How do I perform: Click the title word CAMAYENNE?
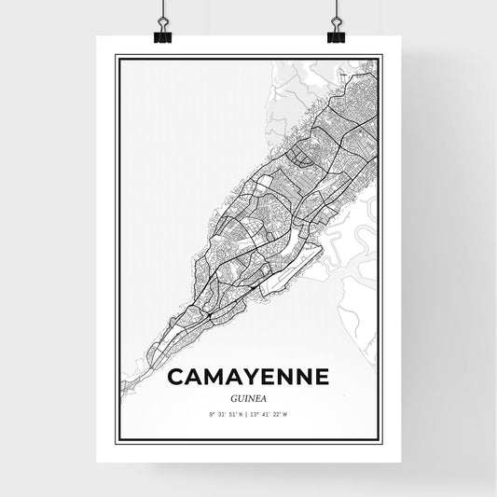(248, 377)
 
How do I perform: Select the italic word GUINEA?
(248, 395)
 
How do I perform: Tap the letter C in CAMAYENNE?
(175, 377)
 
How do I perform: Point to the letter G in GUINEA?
(231, 395)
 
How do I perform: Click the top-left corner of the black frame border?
(116, 56)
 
